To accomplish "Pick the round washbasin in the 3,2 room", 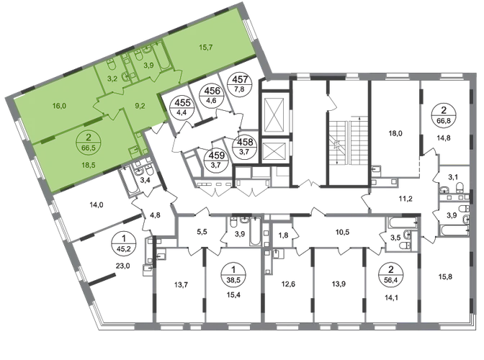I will [x=127, y=75].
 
